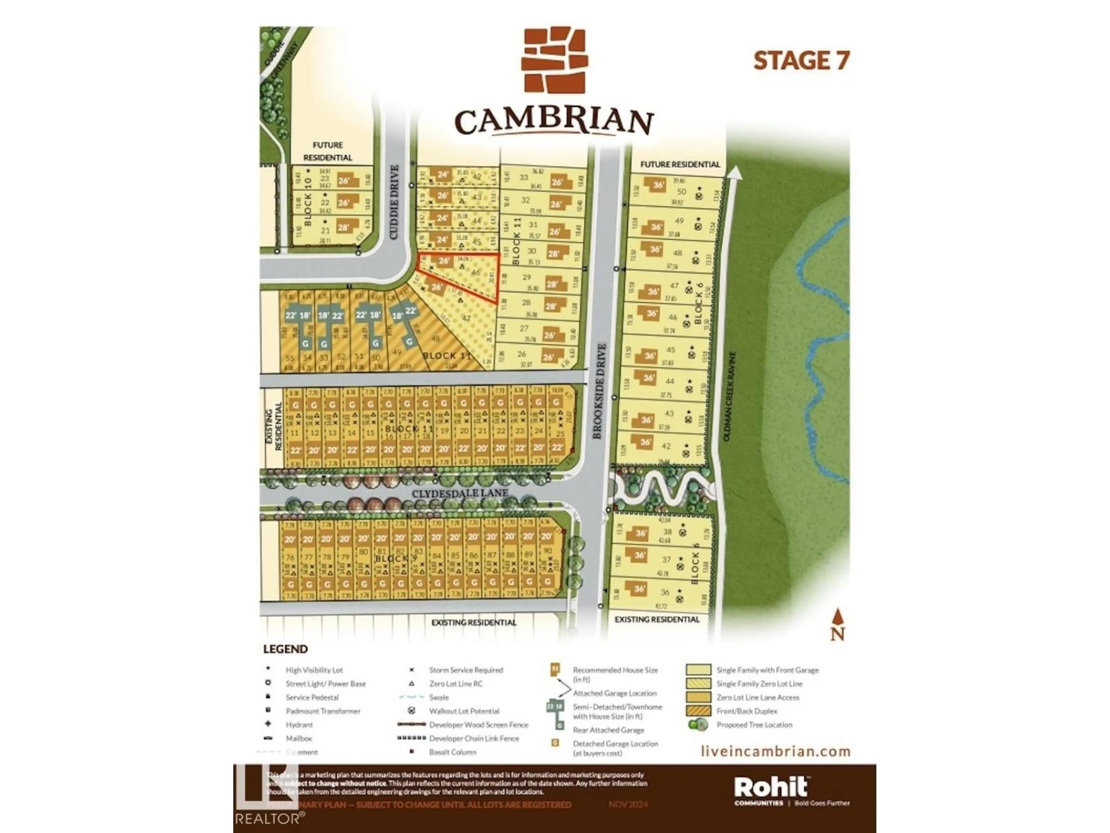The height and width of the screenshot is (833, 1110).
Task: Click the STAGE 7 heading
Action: coord(801,61)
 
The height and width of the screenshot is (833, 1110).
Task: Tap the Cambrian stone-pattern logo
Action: coord(554,60)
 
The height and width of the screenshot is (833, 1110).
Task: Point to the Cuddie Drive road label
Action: coord(394,202)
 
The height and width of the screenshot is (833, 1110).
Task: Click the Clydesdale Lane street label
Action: coord(460,493)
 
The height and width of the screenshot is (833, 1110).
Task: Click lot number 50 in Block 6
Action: coord(681,192)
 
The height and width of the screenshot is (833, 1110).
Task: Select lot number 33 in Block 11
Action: coord(524,177)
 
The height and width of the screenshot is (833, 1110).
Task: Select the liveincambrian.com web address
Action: coord(775,751)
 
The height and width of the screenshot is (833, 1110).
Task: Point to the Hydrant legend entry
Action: coord(299,725)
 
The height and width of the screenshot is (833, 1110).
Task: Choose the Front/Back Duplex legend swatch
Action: coord(698,711)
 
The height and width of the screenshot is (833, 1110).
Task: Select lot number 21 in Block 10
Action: coord(325,231)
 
